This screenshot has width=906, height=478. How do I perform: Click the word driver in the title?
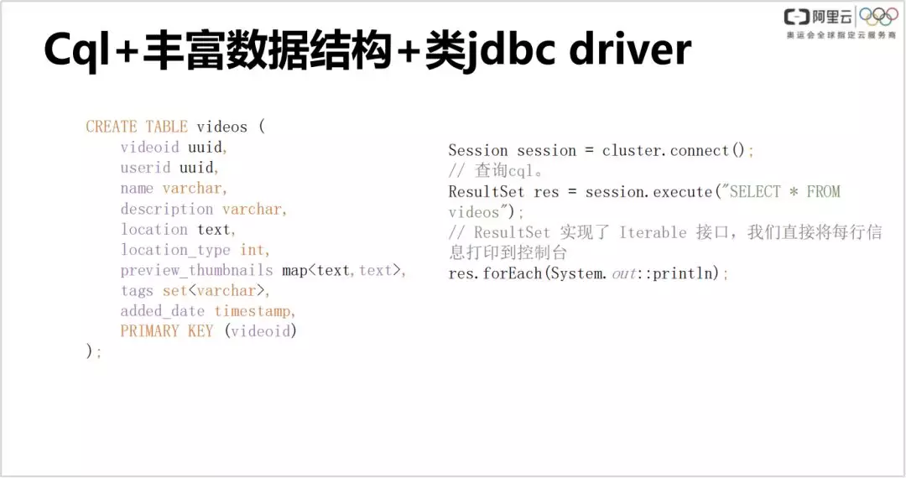tap(630, 49)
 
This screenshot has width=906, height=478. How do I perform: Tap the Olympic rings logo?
tap(878, 17)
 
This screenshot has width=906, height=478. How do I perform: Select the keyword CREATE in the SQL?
tap(112, 127)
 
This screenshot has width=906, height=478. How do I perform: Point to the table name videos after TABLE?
tap(221, 127)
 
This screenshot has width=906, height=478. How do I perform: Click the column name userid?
tap(146, 168)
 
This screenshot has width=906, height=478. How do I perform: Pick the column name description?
tap(167, 210)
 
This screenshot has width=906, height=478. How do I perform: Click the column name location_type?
tap(175, 251)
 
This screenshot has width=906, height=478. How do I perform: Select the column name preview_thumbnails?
tap(197, 271)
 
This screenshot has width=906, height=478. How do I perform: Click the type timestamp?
tap(253, 311)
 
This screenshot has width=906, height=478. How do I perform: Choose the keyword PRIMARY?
tap(150, 331)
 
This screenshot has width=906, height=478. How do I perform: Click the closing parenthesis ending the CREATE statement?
tap(90, 351)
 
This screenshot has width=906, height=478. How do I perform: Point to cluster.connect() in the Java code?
tap(674, 151)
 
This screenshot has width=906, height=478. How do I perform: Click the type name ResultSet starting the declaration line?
tap(487, 192)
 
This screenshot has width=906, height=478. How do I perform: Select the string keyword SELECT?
tap(755, 192)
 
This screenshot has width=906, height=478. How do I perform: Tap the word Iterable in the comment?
tap(653, 232)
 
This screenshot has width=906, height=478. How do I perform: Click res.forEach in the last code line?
tap(495, 273)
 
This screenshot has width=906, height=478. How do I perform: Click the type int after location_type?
tap(253, 250)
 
